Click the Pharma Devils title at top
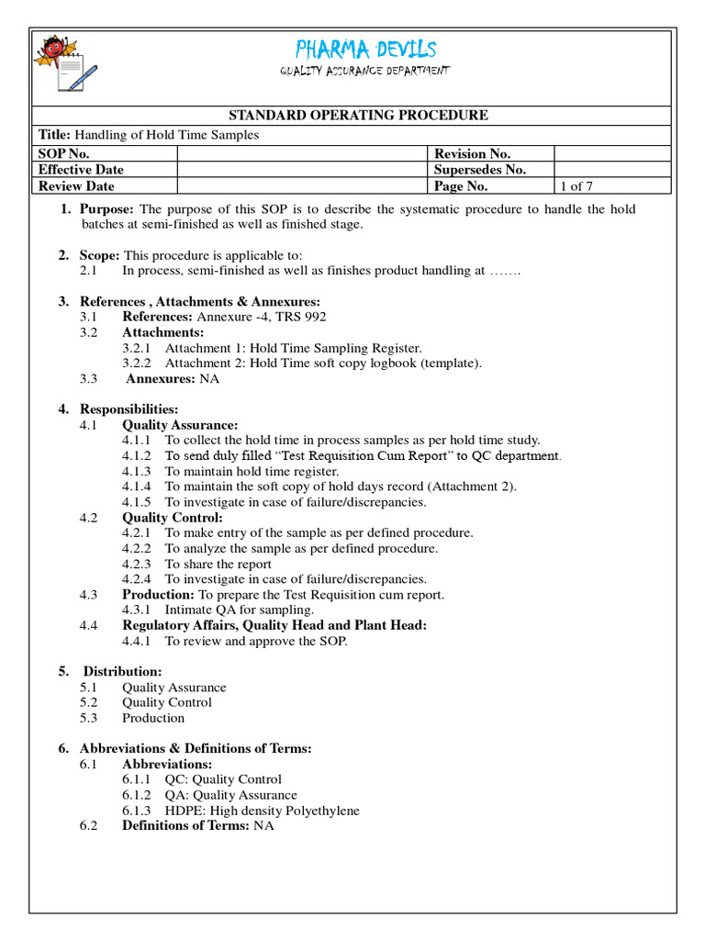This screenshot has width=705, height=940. pyautogui.click(x=365, y=50)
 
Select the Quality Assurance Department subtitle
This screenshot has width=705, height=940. pyautogui.click(x=364, y=72)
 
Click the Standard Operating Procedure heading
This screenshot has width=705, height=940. pyautogui.click(x=358, y=115)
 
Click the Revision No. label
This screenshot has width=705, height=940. pyautogui.click(x=472, y=154)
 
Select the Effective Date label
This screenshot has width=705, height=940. pyautogui.click(x=81, y=170)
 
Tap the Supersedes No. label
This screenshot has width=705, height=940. pyautogui.click(x=479, y=170)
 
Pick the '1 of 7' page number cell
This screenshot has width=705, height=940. pyautogui.click(x=577, y=185)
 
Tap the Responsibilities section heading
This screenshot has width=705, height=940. pyautogui.click(x=129, y=408)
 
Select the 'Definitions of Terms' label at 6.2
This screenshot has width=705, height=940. pyautogui.click(x=185, y=825)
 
